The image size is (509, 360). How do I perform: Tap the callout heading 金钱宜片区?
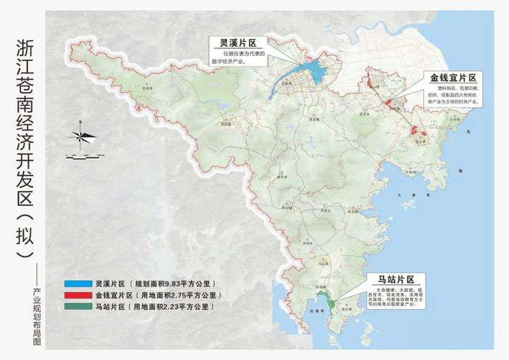452,77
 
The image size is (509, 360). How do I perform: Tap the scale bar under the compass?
84,155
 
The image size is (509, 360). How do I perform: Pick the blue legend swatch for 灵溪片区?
76,281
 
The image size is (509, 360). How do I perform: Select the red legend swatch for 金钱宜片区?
76,294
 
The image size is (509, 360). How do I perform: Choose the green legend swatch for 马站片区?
76,306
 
